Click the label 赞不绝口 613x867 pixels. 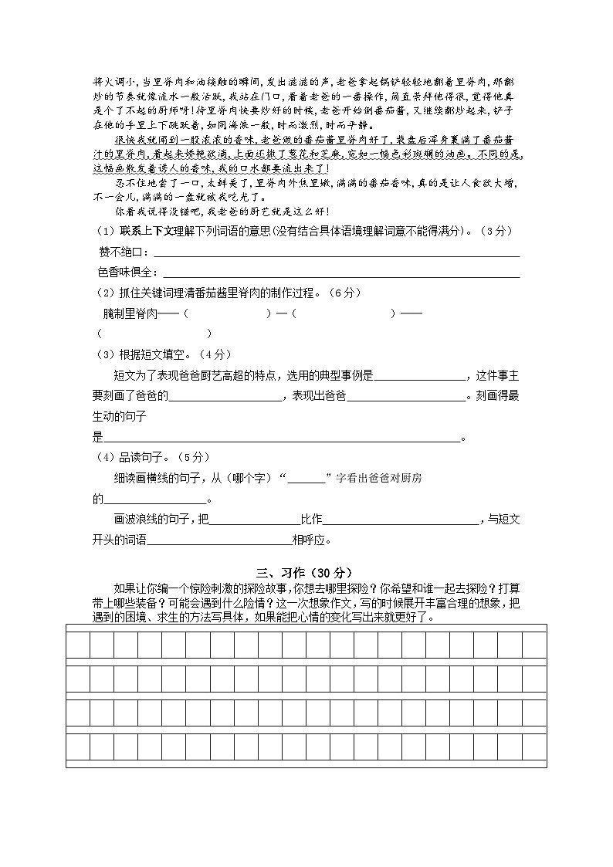click(122, 252)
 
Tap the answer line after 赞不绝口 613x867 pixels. click(337, 255)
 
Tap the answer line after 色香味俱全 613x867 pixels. click(341, 275)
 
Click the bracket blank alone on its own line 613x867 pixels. click(154, 334)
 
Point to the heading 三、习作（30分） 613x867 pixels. click(305, 572)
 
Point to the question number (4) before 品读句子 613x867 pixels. click(104, 457)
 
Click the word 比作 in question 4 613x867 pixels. click(311, 520)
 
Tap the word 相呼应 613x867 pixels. click(312, 540)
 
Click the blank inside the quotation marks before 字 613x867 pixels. click(306, 479)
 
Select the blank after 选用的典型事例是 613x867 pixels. click(419, 376)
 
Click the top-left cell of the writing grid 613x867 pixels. click(78, 644)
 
